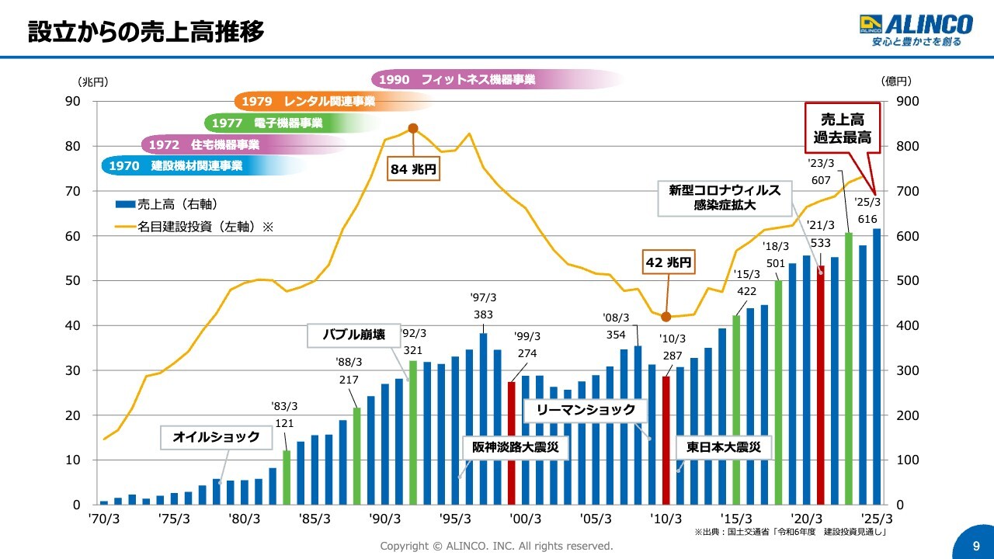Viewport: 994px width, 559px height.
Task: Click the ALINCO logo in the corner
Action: coord(916,30)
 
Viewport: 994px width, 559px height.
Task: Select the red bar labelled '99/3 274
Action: coord(511,443)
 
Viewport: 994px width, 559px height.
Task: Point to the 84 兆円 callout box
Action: coord(413,168)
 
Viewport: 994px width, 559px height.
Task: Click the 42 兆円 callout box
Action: coord(669,262)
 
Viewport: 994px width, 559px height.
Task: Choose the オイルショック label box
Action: coord(216,437)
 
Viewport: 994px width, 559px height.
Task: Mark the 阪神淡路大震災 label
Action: coord(516,448)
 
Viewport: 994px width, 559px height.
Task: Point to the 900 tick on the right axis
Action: coord(906,102)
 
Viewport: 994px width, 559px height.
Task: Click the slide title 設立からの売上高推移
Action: coord(145,32)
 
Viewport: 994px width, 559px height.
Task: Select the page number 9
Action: coord(976,546)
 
